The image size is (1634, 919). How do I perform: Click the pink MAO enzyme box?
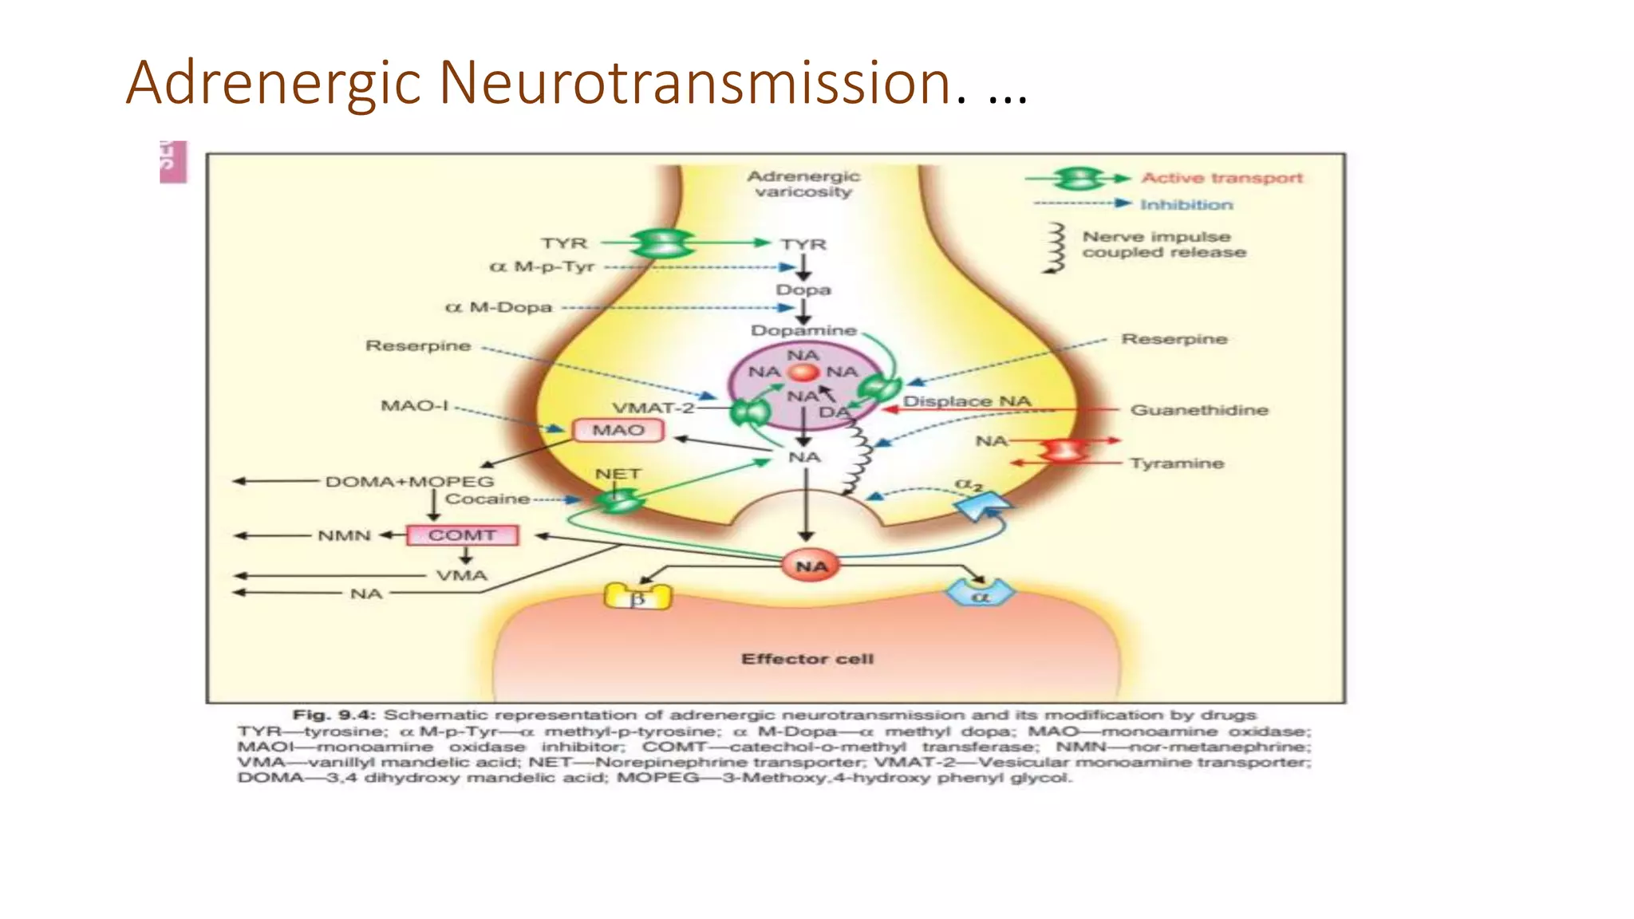pyautogui.click(x=618, y=431)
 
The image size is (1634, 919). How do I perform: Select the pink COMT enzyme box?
pyautogui.click(x=462, y=535)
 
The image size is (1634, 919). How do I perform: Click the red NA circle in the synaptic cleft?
pyautogui.click(x=811, y=566)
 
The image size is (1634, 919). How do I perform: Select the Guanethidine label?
pyautogui.click(x=1198, y=410)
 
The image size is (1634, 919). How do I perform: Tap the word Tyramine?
pyautogui.click(x=1176, y=463)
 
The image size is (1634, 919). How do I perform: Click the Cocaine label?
pyautogui.click(x=487, y=499)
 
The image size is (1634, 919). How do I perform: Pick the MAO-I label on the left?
pyautogui.click(x=414, y=406)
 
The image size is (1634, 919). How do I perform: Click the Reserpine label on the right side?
pyautogui.click(x=1174, y=339)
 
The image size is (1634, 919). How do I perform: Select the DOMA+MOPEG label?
pyautogui.click(x=409, y=482)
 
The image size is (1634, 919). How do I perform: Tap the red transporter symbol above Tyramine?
pyautogui.click(x=1062, y=452)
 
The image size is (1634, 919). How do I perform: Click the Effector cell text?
pyautogui.click(x=807, y=659)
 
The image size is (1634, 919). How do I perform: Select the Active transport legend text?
pyautogui.click(x=1222, y=178)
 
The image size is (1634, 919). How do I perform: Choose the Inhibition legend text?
pyautogui.click(x=1186, y=205)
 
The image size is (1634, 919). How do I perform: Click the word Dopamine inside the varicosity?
pyautogui.click(x=803, y=330)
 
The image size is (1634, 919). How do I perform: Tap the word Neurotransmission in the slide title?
pyautogui.click(x=695, y=83)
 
